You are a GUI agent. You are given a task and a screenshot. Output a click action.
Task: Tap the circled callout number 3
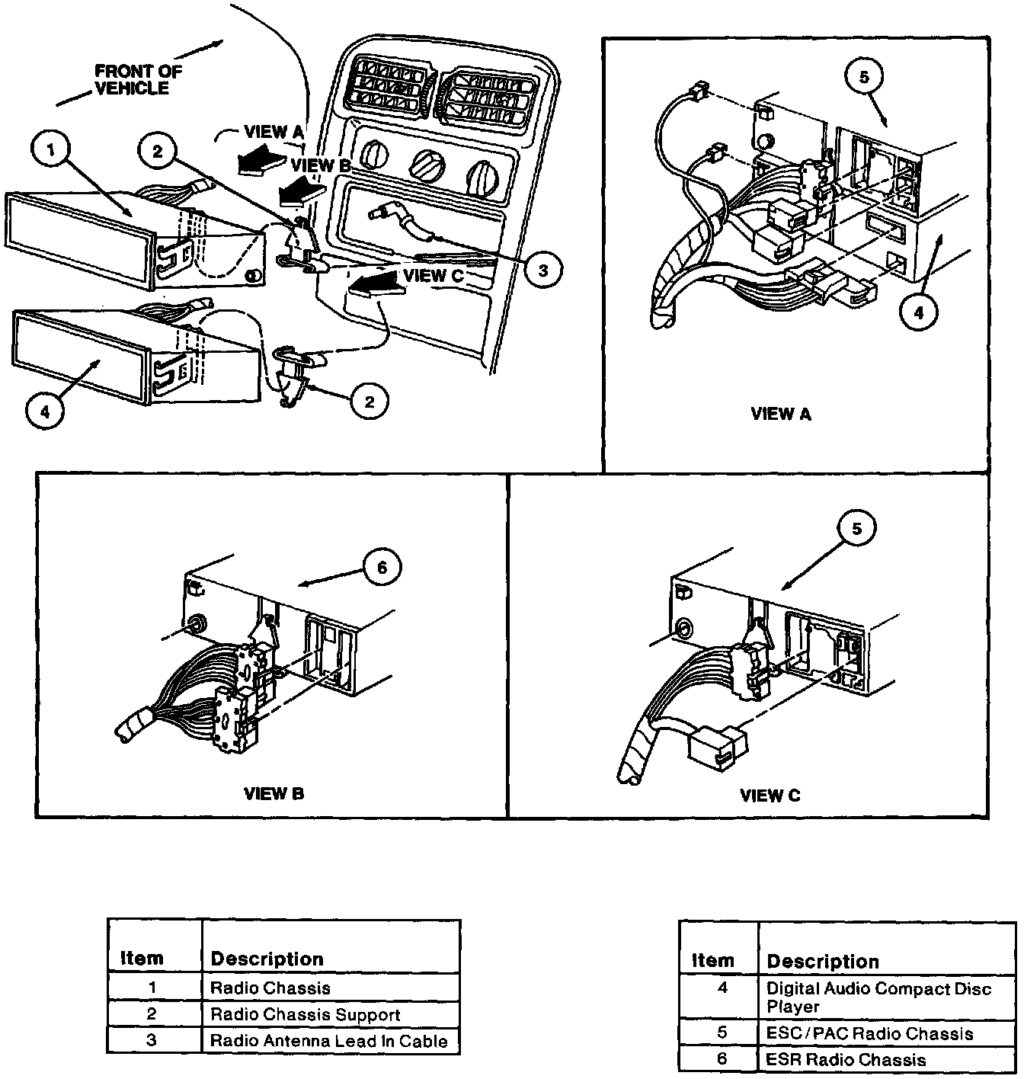point(542,270)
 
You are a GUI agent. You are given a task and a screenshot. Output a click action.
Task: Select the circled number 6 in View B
point(381,567)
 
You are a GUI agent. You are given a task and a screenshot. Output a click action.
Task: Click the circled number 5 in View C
point(857,529)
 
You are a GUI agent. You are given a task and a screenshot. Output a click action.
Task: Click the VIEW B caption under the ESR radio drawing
point(274,793)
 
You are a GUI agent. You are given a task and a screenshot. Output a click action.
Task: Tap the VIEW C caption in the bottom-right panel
point(770,796)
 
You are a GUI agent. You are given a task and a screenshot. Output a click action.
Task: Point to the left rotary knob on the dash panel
point(374,156)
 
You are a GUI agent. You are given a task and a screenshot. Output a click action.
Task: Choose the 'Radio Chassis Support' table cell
point(305,1015)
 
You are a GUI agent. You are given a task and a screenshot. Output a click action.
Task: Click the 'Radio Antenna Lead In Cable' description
point(328,1041)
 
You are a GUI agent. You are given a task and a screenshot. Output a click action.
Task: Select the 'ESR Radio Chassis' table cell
point(846,1060)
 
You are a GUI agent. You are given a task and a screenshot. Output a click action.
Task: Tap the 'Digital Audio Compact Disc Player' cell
point(878,997)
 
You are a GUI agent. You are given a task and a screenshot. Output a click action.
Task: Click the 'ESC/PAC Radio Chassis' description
point(869,1034)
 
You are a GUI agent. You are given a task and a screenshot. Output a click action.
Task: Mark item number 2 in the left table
point(152,1014)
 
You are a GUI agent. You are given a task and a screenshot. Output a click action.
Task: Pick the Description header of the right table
point(822,962)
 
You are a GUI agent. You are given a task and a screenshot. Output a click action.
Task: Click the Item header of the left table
point(142,959)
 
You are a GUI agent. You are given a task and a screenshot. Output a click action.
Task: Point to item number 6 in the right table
point(722,1059)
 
